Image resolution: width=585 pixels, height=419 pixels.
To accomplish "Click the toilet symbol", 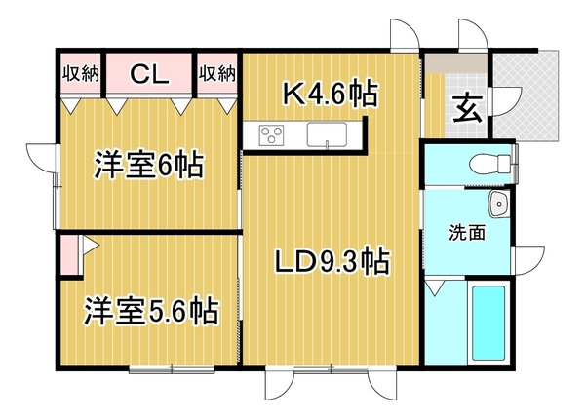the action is tap(489, 164).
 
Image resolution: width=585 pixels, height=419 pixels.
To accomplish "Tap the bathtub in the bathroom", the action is tap(488, 322).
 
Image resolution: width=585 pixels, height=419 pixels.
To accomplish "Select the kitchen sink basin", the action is tap(327, 134).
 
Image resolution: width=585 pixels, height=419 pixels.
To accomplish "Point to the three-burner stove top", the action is tap(272, 134).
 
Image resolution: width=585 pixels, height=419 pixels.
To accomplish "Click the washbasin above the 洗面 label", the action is tap(499, 204).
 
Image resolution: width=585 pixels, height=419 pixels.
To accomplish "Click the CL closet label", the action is tap(149, 74).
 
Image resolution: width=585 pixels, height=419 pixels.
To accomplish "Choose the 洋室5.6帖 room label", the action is tap(151, 311).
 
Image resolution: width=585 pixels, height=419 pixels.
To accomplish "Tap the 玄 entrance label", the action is tap(468, 108).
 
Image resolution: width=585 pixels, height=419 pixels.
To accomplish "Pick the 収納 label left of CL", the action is tap(81, 73).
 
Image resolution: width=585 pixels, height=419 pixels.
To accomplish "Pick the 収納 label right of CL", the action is tap(217, 73).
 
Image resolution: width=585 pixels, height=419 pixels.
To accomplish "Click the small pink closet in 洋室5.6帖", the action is tap(70, 255).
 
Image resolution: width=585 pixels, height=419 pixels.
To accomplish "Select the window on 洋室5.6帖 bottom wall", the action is tap(172, 369).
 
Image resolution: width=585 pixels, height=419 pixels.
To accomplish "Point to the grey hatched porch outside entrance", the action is tap(526, 96).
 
